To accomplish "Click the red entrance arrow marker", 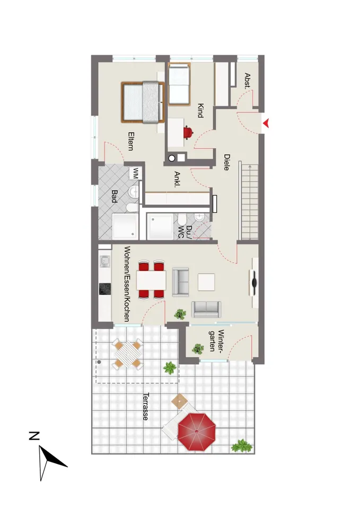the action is point(266,124).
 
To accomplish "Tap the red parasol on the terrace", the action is point(196,432).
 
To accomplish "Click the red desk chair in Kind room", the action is point(188,133).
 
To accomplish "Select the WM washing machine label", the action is point(135,172).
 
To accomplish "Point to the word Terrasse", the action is point(146,407).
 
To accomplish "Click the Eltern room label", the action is point(131,141).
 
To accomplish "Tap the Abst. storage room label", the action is point(248,81).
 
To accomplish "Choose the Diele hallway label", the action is point(226,162).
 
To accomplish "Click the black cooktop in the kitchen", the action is point(104,289).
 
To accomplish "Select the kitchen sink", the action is point(104,261).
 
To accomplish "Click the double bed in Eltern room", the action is point(143,102).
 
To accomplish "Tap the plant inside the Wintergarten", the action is point(197,349).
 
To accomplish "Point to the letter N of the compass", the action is point(34,436).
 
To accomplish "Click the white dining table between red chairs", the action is point(151,280).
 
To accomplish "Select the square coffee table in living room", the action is point(206,282).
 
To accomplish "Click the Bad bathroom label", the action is point(115,196).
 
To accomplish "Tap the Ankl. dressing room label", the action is point(177,179).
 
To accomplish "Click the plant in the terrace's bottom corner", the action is point(242,446).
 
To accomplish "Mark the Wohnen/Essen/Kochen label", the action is point(127,284).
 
